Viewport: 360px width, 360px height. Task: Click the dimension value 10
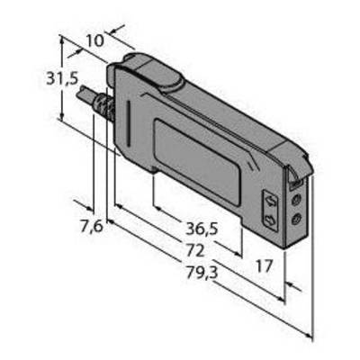pyautogui.click(x=95, y=40)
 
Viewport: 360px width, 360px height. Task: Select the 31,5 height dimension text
pyautogui.click(x=62, y=79)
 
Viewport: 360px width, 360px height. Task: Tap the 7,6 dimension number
pyautogui.click(x=92, y=226)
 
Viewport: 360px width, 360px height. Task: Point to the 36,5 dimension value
pyautogui.click(x=202, y=229)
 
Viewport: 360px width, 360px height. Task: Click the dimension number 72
pyautogui.click(x=195, y=250)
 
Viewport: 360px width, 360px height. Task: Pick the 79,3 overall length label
pyautogui.click(x=202, y=273)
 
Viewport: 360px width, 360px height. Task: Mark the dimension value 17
pyautogui.click(x=264, y=265)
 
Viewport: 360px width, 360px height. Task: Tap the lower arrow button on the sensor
pyautogui.click(x=271, y=220)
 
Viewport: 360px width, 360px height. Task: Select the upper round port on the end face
pyautogui.click(x=297, y=199)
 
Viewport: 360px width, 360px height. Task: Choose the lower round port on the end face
pyautogui.click(x=297, y=220)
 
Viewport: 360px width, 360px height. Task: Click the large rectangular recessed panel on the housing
pyautogui.click(x=197, y=161)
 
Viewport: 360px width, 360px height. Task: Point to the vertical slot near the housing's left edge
pyautogui.click(x=129, y=123)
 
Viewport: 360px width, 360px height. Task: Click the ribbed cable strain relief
pyautogui.click(x=105, y=106)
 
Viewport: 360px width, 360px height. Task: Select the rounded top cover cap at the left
pyautogui.click(x=153, y=72)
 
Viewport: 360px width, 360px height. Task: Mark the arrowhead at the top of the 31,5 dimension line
pyautogui.click(x=62, y=40)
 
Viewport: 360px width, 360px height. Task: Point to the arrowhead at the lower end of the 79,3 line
pyautogui.click(x=309, y=335)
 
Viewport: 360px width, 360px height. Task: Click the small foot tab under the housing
pyautogui.click(x=154, y=171)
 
